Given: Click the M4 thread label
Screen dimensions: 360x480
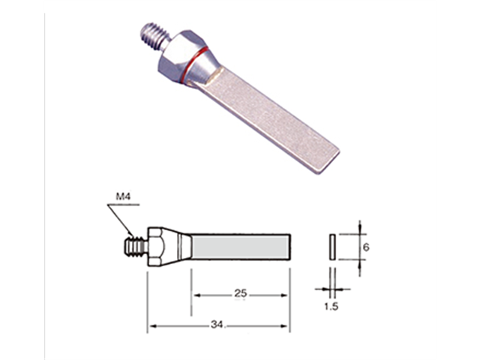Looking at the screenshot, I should tap(124, 199).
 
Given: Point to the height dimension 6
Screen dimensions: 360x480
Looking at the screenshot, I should tap(366, 246).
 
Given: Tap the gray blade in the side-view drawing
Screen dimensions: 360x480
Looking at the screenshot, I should tap(240, 246).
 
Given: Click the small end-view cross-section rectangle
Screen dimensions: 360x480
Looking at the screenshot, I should tap(330, 246).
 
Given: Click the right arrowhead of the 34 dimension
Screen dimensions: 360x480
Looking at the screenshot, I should tap(286, 325).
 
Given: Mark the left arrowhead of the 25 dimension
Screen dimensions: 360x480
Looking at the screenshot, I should tap(196, 294).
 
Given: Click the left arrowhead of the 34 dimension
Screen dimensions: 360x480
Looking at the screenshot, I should tap(151, 325).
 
